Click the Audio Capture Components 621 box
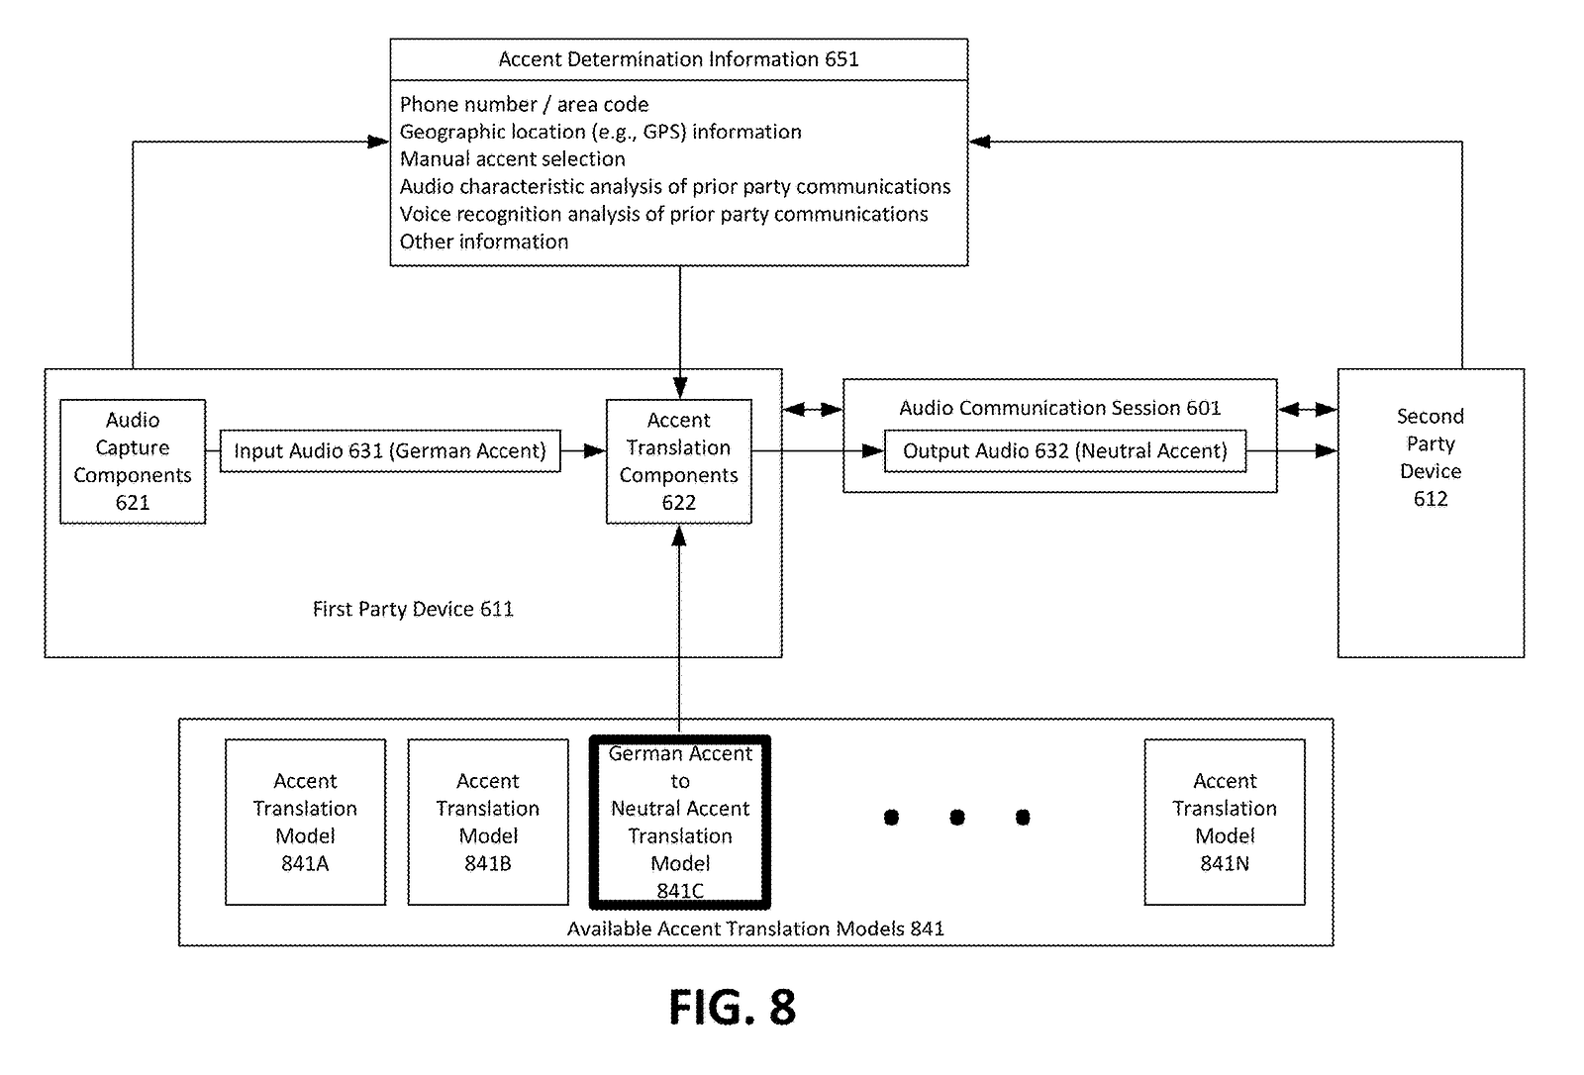point(133,461)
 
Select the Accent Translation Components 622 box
point(678,461)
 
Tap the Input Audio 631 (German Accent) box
point(390,451)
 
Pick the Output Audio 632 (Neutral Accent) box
point(1064,451)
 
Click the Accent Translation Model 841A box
point(305,822)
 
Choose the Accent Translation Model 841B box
point(488,822)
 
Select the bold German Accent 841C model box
point(680,822)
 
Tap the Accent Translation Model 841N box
point(1225,822)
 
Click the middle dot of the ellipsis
point(957,817)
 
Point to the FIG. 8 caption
point(733,1008)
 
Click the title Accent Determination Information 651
point(678,59)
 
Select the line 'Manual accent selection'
point(512,159)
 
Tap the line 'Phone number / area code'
point(524,105)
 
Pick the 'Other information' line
point(484,242)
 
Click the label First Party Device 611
point(413,610)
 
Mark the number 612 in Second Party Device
point(1431,499)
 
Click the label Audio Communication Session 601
point(1059,408)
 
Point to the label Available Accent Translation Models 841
point(755,928)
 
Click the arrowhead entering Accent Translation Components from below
point(679,537)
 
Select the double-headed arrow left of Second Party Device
point(1307,409)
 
